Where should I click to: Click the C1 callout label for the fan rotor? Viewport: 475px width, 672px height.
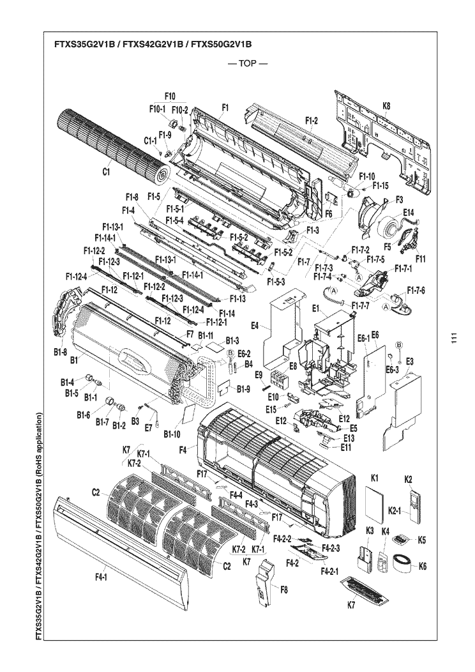pyautogui.click(x=106, y=171)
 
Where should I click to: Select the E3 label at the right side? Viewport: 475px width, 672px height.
pyautogui.click(x=410, y=362)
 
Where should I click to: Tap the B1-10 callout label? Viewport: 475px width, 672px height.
pyautogui.click(x=172, y=434)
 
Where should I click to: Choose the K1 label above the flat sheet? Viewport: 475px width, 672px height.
pyautogui.click(x=375, y=478)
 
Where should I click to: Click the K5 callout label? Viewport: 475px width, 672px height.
pyautogui.click(x=421, y=540)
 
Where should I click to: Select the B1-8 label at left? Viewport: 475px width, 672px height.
pyautogui.click(x=61, y=351)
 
